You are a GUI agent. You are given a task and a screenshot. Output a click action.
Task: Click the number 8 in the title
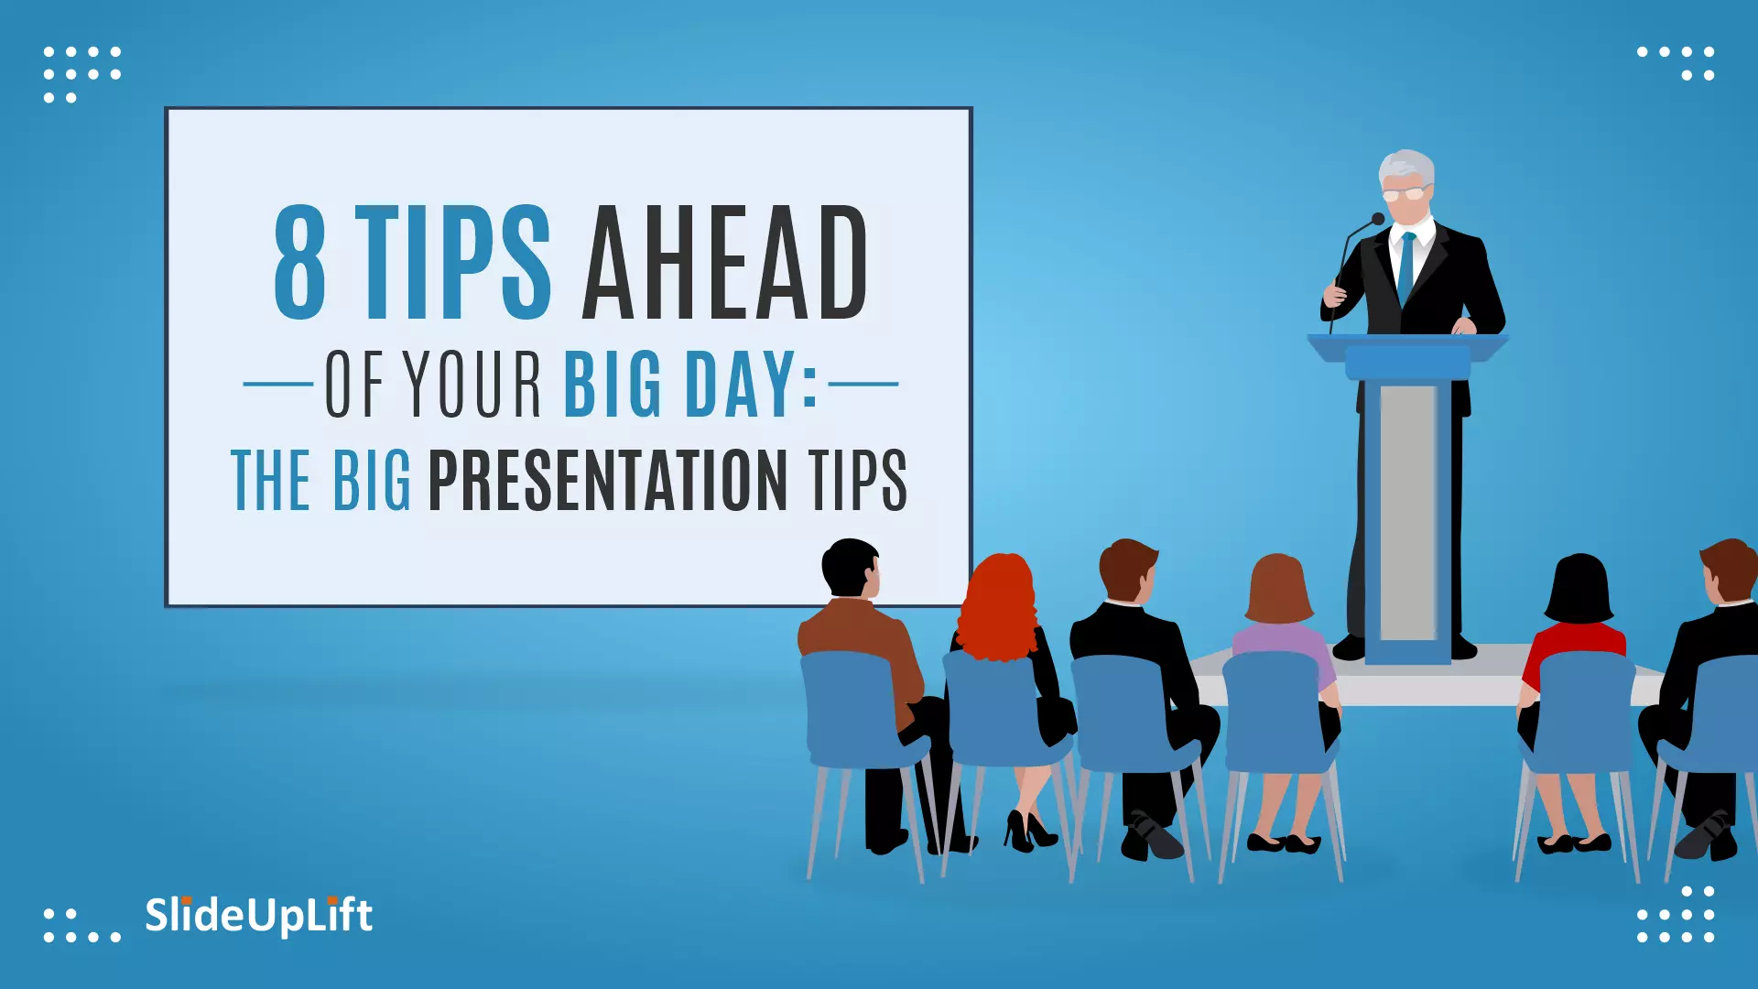pos(300,262)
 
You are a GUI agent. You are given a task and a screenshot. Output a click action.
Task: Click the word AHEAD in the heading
pos(725,262)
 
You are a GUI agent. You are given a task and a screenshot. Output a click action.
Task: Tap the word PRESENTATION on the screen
pos(608,479)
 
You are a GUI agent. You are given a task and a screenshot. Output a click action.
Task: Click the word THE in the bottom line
pos(271,479)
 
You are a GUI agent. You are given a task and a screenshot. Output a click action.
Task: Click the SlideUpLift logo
pos(258,915)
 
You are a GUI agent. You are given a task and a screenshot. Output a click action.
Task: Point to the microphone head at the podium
pos(1377,219)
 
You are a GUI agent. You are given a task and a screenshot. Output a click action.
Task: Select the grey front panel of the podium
pos(1408,513)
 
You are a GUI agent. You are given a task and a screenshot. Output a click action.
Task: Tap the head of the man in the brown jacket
pos(852,568)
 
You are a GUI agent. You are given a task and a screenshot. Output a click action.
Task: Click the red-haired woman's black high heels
pos(1030,830)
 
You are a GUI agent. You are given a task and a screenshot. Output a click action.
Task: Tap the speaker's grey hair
pos(1406,167)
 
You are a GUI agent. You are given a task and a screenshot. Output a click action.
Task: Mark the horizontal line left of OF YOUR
pos(278,385)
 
